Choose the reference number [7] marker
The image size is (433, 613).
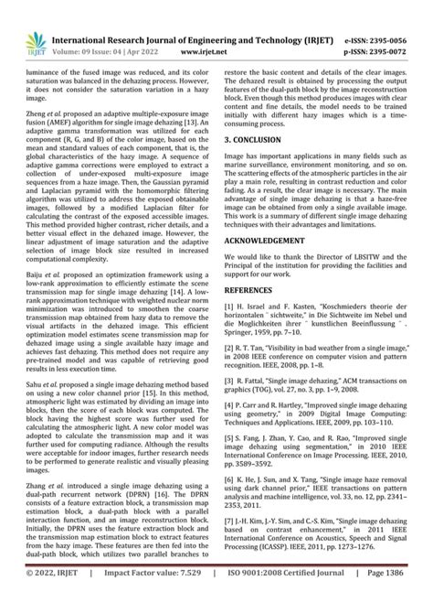click(230, 543)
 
